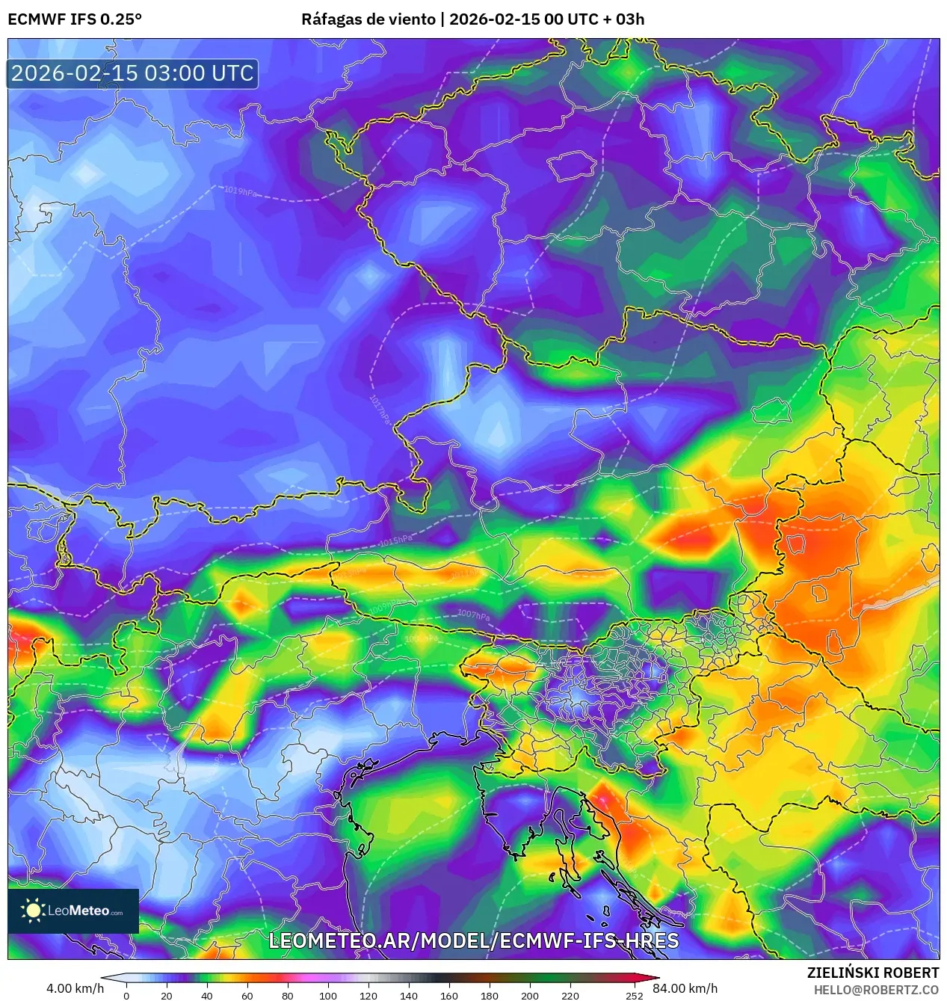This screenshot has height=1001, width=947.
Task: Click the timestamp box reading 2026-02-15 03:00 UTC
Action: [x=132, y=73]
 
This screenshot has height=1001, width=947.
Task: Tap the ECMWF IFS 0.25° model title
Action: [x=75, y=19]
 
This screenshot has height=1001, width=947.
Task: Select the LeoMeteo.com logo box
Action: [x=73, y=911]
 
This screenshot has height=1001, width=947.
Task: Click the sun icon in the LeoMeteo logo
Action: [x=33, y=911]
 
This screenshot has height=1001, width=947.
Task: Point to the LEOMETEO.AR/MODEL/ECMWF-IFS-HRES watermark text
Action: [x=473, y=940]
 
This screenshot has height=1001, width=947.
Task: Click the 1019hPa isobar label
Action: [x=240, y=191]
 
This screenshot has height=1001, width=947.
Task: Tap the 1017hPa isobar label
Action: [x=380, y=410]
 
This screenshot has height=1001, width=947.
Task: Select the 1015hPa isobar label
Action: [x=395, y=540]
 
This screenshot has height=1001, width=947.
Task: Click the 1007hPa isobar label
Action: [x=473, y=615]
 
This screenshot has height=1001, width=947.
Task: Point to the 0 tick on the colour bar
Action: [x=126, y=995]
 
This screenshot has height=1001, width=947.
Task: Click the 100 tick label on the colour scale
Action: [x=328, y=995]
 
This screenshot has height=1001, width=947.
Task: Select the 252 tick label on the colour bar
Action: [x=634, y=995]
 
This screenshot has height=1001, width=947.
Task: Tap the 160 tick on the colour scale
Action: [x=449, y=995]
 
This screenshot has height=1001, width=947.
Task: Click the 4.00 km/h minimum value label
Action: [x=75, y=988]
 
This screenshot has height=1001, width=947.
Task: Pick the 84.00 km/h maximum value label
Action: [x=685, y=988]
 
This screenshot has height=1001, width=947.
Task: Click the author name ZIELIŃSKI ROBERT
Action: [x=872, y=973]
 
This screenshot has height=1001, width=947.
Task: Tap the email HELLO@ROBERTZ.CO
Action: [x=876, y=990]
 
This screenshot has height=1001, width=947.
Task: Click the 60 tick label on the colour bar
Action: [x=247, y=995]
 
